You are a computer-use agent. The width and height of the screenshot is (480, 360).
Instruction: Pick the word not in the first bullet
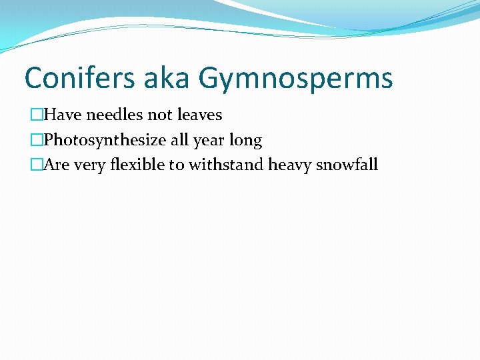(160, 115)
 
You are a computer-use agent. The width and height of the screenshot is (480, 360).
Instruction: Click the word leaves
(199, 115)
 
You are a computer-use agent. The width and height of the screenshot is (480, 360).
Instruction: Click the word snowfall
(347, 165)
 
